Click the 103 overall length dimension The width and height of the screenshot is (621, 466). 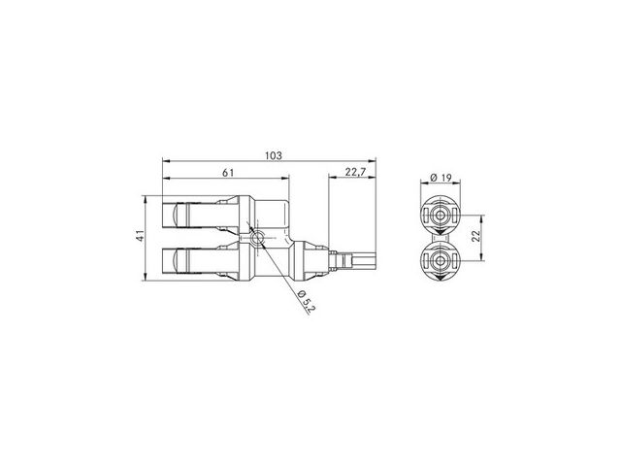coord(274,155)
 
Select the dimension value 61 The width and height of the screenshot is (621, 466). coord(229,173)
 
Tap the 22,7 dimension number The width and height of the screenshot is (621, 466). coord(355,173)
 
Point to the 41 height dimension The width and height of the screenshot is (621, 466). coord(140,238)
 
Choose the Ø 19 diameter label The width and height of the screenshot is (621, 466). coord(441,178)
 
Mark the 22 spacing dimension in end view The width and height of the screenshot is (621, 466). coord(476,236)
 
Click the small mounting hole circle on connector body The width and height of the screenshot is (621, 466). coord(256,238)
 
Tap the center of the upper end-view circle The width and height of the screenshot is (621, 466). coord(440,216)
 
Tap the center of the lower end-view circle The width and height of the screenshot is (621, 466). coord(440,260)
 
